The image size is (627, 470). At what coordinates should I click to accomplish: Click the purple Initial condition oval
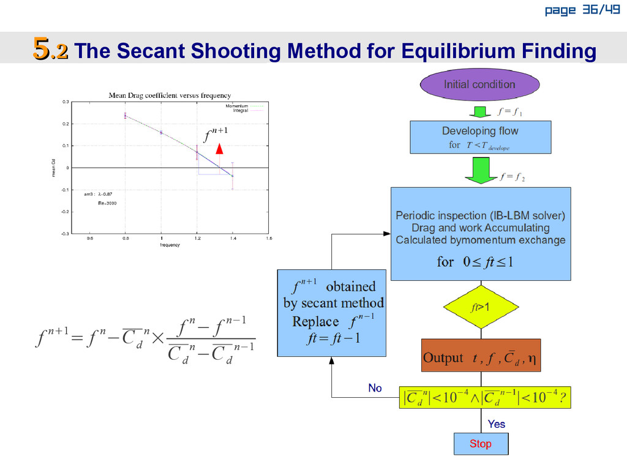tap(479, 84)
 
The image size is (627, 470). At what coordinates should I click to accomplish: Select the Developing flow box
tap(480, 136)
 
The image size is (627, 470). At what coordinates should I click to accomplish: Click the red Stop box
tap(481, 444)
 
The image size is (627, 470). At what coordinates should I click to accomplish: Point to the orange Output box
tap(481, 356)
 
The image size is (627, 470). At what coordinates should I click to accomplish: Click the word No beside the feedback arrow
tap(375, 389)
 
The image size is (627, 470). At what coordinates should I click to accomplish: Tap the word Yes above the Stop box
tap(496, 424)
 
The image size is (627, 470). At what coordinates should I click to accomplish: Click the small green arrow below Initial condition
tap(480, 111)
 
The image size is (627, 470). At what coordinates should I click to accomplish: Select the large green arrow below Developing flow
tap(480, 170)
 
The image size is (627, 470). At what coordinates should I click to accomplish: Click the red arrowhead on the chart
tap(220, 149)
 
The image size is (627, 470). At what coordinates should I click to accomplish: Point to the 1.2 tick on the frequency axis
tap(197, 239)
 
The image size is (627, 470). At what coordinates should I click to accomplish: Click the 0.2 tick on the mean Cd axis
tap(67, 124)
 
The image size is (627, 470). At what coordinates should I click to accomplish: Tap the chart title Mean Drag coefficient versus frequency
tap(170, 95)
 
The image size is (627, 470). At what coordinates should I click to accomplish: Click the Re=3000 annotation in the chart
tap(107, 203)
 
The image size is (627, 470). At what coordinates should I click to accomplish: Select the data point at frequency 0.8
tap(126, 115)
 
